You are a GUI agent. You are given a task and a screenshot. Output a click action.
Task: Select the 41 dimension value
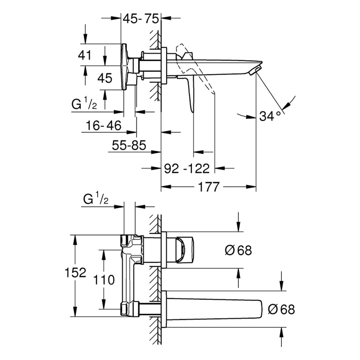(x=84, y=55)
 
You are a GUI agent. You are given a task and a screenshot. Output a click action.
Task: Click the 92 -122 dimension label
(x=187, y=168)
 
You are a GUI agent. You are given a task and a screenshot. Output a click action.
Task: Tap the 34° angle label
(x=270, y=115)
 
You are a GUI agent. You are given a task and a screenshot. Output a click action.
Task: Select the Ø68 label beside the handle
(x=238, y=250)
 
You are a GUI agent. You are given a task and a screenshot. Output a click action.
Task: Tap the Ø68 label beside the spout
(x=281, y=309)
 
